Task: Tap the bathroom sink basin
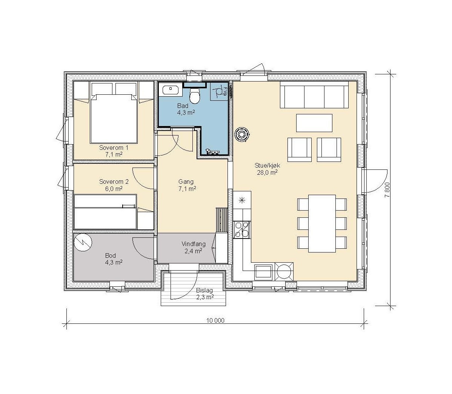coord(171,90)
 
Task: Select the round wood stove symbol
coord(241,134)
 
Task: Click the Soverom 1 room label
coord(114,148)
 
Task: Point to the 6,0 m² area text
coord(114,189)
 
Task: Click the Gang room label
coord(186,182)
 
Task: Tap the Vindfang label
coord(194,244)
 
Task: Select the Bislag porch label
coord(204,291)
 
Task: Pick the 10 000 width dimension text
coord(215,320)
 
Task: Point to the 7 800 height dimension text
coord(387,190)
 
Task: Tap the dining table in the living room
coord(322,223)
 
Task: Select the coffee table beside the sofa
coord(314,123)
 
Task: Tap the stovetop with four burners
coord(242,229)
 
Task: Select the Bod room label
coord(111,255)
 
